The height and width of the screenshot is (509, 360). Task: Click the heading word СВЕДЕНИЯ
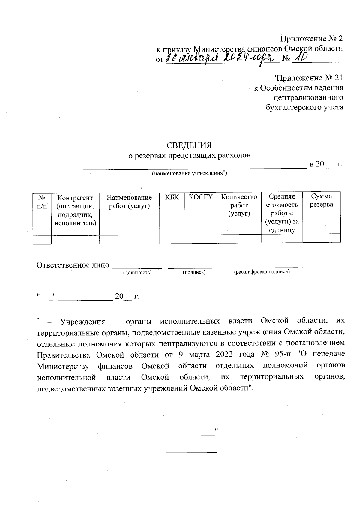pos(189,145)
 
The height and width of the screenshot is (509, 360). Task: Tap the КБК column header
pos(172,197)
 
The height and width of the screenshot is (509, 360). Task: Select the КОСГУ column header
pos(201,197)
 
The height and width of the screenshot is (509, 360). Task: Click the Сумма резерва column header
pos(321,201)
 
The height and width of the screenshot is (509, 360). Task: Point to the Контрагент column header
pos(75,210)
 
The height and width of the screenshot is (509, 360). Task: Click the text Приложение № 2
pos(311,39)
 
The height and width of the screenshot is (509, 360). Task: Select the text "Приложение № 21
pos(308,78)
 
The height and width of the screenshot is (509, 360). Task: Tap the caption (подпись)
pos(194,272)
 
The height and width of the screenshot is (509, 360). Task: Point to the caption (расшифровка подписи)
pos(262,272)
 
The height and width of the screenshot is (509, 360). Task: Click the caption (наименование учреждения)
pos(189,173)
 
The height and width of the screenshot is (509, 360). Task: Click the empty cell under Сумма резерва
pos(321,238)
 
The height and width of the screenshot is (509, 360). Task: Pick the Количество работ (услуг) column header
pos(239,205)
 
